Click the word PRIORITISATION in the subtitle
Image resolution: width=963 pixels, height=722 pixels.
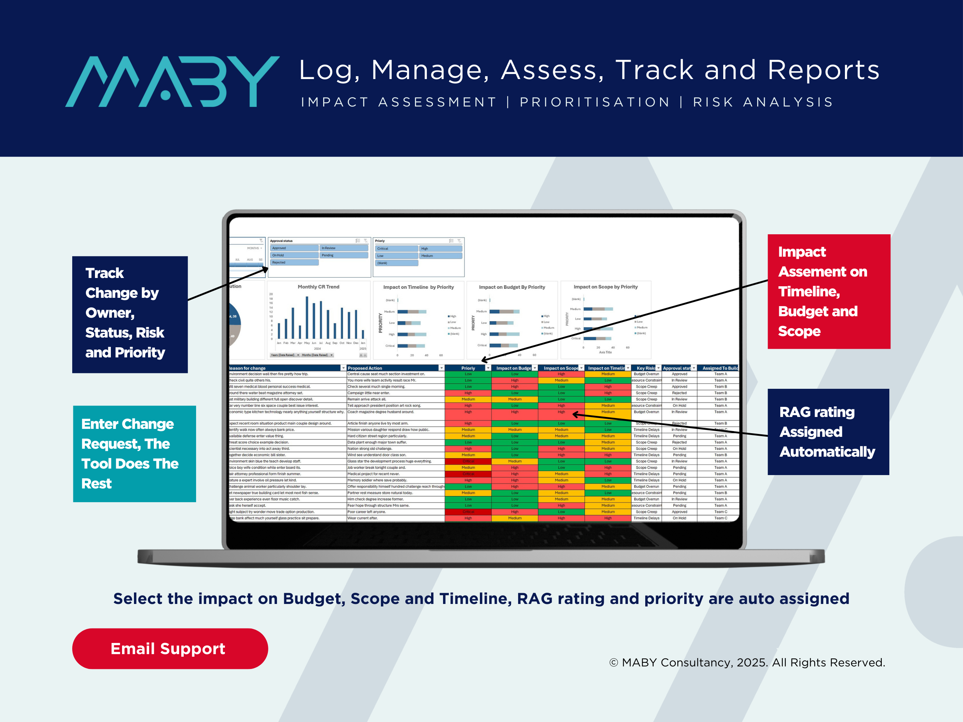pyautogui.click(x=594, y=102)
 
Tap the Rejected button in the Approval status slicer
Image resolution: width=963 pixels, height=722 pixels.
pyautogui.click(x=294, y=262)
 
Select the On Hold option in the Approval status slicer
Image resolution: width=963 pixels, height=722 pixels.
pyautogui.click(x=294, y=256)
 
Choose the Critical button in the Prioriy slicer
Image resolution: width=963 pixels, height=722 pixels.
pyautogui.click(x=396, y=248)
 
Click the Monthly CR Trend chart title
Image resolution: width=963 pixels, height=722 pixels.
pyautogui.click(x=318, y=287)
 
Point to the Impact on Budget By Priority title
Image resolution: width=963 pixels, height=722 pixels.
pyautogui.click(x=512, y=287)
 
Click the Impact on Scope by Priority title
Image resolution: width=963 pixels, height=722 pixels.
pyautogui.click(x=605, y=287)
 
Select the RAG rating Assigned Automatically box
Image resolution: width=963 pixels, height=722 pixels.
pyautogui.click(x=828, y=431)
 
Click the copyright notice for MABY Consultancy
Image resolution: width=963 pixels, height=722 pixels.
pyautogui.click(x=747, y=662)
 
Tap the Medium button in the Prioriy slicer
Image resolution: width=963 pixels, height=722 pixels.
pyautogui.click(x=440, y=256)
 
